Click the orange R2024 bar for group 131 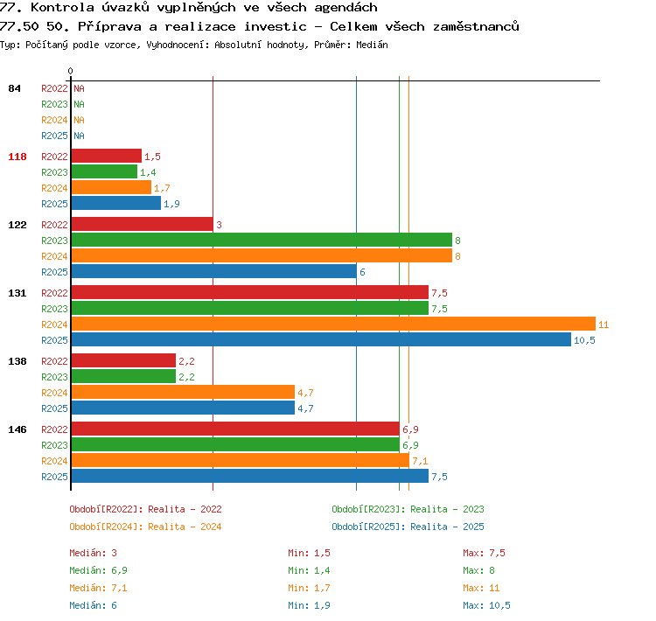(x=333, y=324)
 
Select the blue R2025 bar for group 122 (x=213, y=272)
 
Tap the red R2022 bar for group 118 (x=106, y=156)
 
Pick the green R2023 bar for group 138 (x=123, y=377)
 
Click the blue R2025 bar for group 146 (x=250, y=476)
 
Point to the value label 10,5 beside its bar (x=584, y=340)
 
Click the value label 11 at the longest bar (x=604, y=324)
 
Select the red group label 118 (x=17, y=157)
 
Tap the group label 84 (x=14, y=88)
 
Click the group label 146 (x=17, y=429)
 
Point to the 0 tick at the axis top (x=70, y=71)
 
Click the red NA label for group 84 (x=79, y=88)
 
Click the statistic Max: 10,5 (x=486, y=605)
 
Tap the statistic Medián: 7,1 (x=98, y=588)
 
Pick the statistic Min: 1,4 (x=309, y=570)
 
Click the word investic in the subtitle (x=276, y=27)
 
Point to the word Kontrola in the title (x=62, y=8)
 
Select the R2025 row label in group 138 (x=54, y=408)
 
